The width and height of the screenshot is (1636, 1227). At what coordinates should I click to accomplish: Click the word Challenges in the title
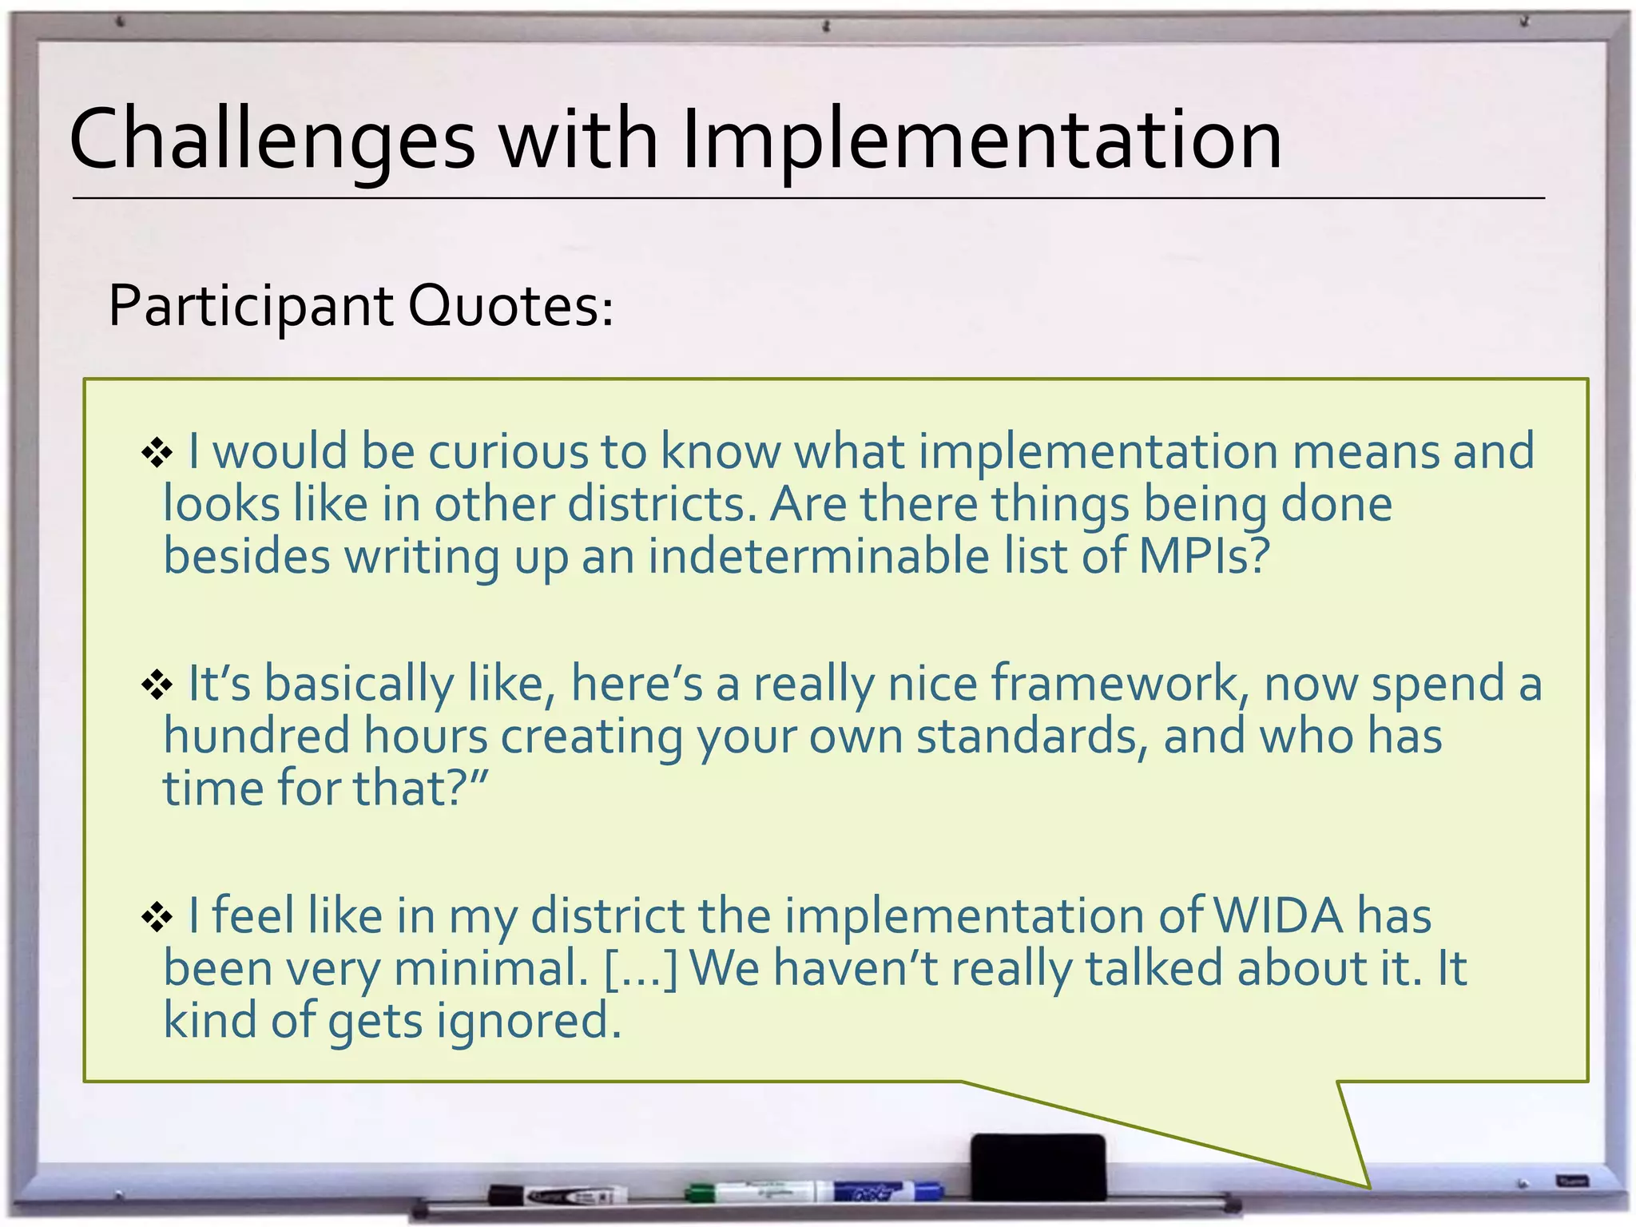[x=272, y=140]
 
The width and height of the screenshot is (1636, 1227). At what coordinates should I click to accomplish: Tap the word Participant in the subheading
[x=250, y=307]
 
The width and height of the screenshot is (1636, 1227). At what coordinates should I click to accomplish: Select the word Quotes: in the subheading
[x=511, y=305]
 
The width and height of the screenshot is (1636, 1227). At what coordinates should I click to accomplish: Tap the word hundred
[x=256, y=736]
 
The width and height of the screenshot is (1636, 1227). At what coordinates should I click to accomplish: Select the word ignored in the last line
[x=528, y=1021]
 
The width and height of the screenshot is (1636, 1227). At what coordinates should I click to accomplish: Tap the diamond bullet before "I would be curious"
[x=157, y=453]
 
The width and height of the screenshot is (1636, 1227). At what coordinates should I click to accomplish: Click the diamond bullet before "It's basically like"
[x=157, y=685]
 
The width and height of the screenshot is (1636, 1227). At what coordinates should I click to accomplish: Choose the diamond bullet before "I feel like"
[x=157, y=917]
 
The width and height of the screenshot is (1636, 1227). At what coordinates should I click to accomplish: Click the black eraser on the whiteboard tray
[x=1038, y=1165]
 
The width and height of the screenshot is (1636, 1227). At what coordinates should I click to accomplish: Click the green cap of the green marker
[x=700, y=1193]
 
